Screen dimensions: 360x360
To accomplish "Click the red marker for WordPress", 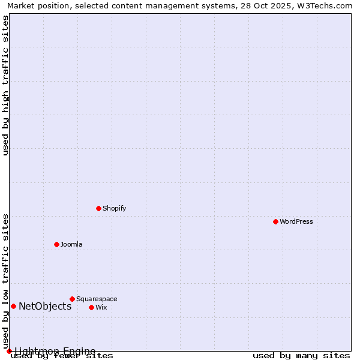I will pos(275,221).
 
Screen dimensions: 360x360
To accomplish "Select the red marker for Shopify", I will pos(98,208).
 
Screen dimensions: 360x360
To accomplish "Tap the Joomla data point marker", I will pos(56,244).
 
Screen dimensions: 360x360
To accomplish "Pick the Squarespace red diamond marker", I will pos(72,299).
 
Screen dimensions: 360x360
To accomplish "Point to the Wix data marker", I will pos(91,307).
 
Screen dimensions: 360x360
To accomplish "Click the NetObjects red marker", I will pos(13,306).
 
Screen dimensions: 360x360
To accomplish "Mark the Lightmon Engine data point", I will pos(9,351).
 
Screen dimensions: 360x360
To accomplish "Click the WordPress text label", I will pos(296,221).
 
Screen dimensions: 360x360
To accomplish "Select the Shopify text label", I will pos(115,208).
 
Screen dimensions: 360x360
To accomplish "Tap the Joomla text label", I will pos(71,244).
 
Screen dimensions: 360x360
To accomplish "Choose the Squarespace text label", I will pos(97,299).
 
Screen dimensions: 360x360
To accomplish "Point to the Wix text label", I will pos(101,307).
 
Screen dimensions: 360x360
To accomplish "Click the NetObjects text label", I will pos(45,306).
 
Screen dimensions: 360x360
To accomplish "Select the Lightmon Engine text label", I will pos(55,351).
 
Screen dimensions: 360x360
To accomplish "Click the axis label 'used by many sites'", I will pos(301,356).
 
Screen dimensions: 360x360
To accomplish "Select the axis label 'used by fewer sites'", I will pos(62,356).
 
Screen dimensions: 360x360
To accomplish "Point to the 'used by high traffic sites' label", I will pos(5,85).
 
